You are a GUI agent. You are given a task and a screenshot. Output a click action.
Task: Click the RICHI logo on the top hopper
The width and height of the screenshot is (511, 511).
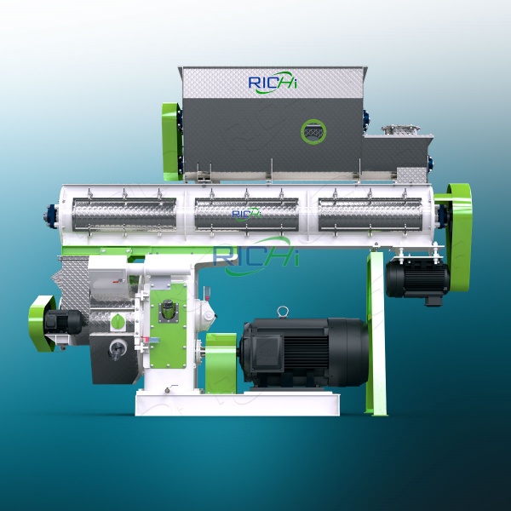(x=273, y=83)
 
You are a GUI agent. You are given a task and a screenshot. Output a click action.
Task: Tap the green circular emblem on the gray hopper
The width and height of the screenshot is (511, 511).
(x=313, y=131)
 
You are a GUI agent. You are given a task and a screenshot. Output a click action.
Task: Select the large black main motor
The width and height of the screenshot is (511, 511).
(x=302, y=351)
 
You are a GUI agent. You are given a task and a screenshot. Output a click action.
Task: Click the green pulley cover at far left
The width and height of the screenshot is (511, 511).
(x=39, y=322)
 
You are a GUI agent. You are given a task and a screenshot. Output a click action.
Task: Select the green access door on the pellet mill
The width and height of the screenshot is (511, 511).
(x=168, y=315)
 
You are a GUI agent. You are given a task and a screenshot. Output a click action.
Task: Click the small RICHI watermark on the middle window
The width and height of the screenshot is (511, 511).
(x=246, y=213)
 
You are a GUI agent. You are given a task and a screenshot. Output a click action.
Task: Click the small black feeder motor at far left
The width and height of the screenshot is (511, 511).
(x=66, y=322)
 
